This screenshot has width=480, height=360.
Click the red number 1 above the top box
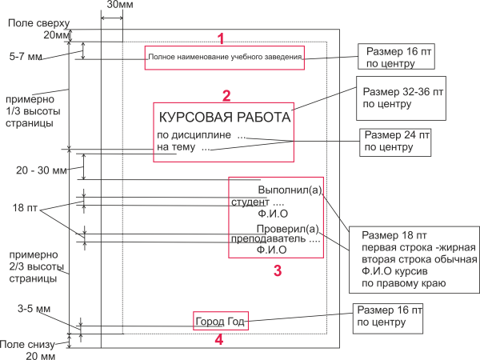(222, 38)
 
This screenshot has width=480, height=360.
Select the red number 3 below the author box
(278, 270)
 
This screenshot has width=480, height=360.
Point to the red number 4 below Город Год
(220, 339)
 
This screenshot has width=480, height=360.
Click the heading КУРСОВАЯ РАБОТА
(224, 117)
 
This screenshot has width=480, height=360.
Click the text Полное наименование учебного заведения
(224, 57)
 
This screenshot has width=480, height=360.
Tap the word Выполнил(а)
(289, 190)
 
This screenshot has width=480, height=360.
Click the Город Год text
(220, 322)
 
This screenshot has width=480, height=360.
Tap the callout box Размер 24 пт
(394, 142)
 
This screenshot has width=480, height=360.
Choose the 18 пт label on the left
(24, 207)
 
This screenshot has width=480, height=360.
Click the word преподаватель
(270, 239)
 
